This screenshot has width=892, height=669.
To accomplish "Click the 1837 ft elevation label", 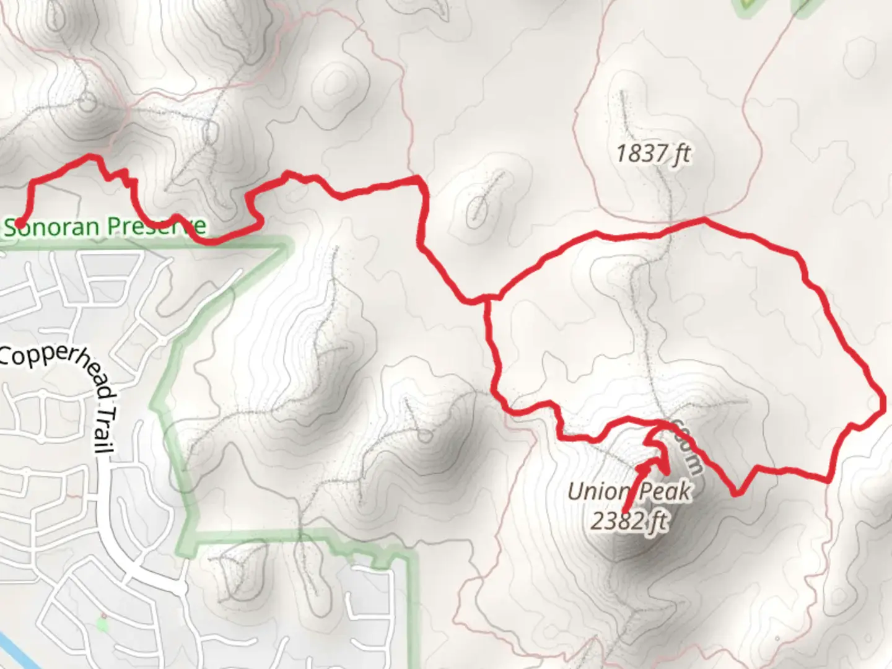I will pyautogui.click(x=653, y=152).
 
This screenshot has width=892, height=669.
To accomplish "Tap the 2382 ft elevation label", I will pyautogui.click(x=629, y=521).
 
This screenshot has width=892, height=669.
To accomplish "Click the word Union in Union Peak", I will pyautogui.click(x=597, y=492).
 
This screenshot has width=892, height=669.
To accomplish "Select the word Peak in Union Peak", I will pyautogui.click(x=665, y=491).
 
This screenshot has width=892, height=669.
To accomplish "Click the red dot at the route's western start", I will pyautogui.click(x=19, y=223).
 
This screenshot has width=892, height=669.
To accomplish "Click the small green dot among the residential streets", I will pyautogui.click(x=102, y=623).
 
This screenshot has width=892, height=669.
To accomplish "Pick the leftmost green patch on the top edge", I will pyautogui.click(x=747, y=6).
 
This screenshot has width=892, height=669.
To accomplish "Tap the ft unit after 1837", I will pyautogui.click(x=680, y=152).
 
